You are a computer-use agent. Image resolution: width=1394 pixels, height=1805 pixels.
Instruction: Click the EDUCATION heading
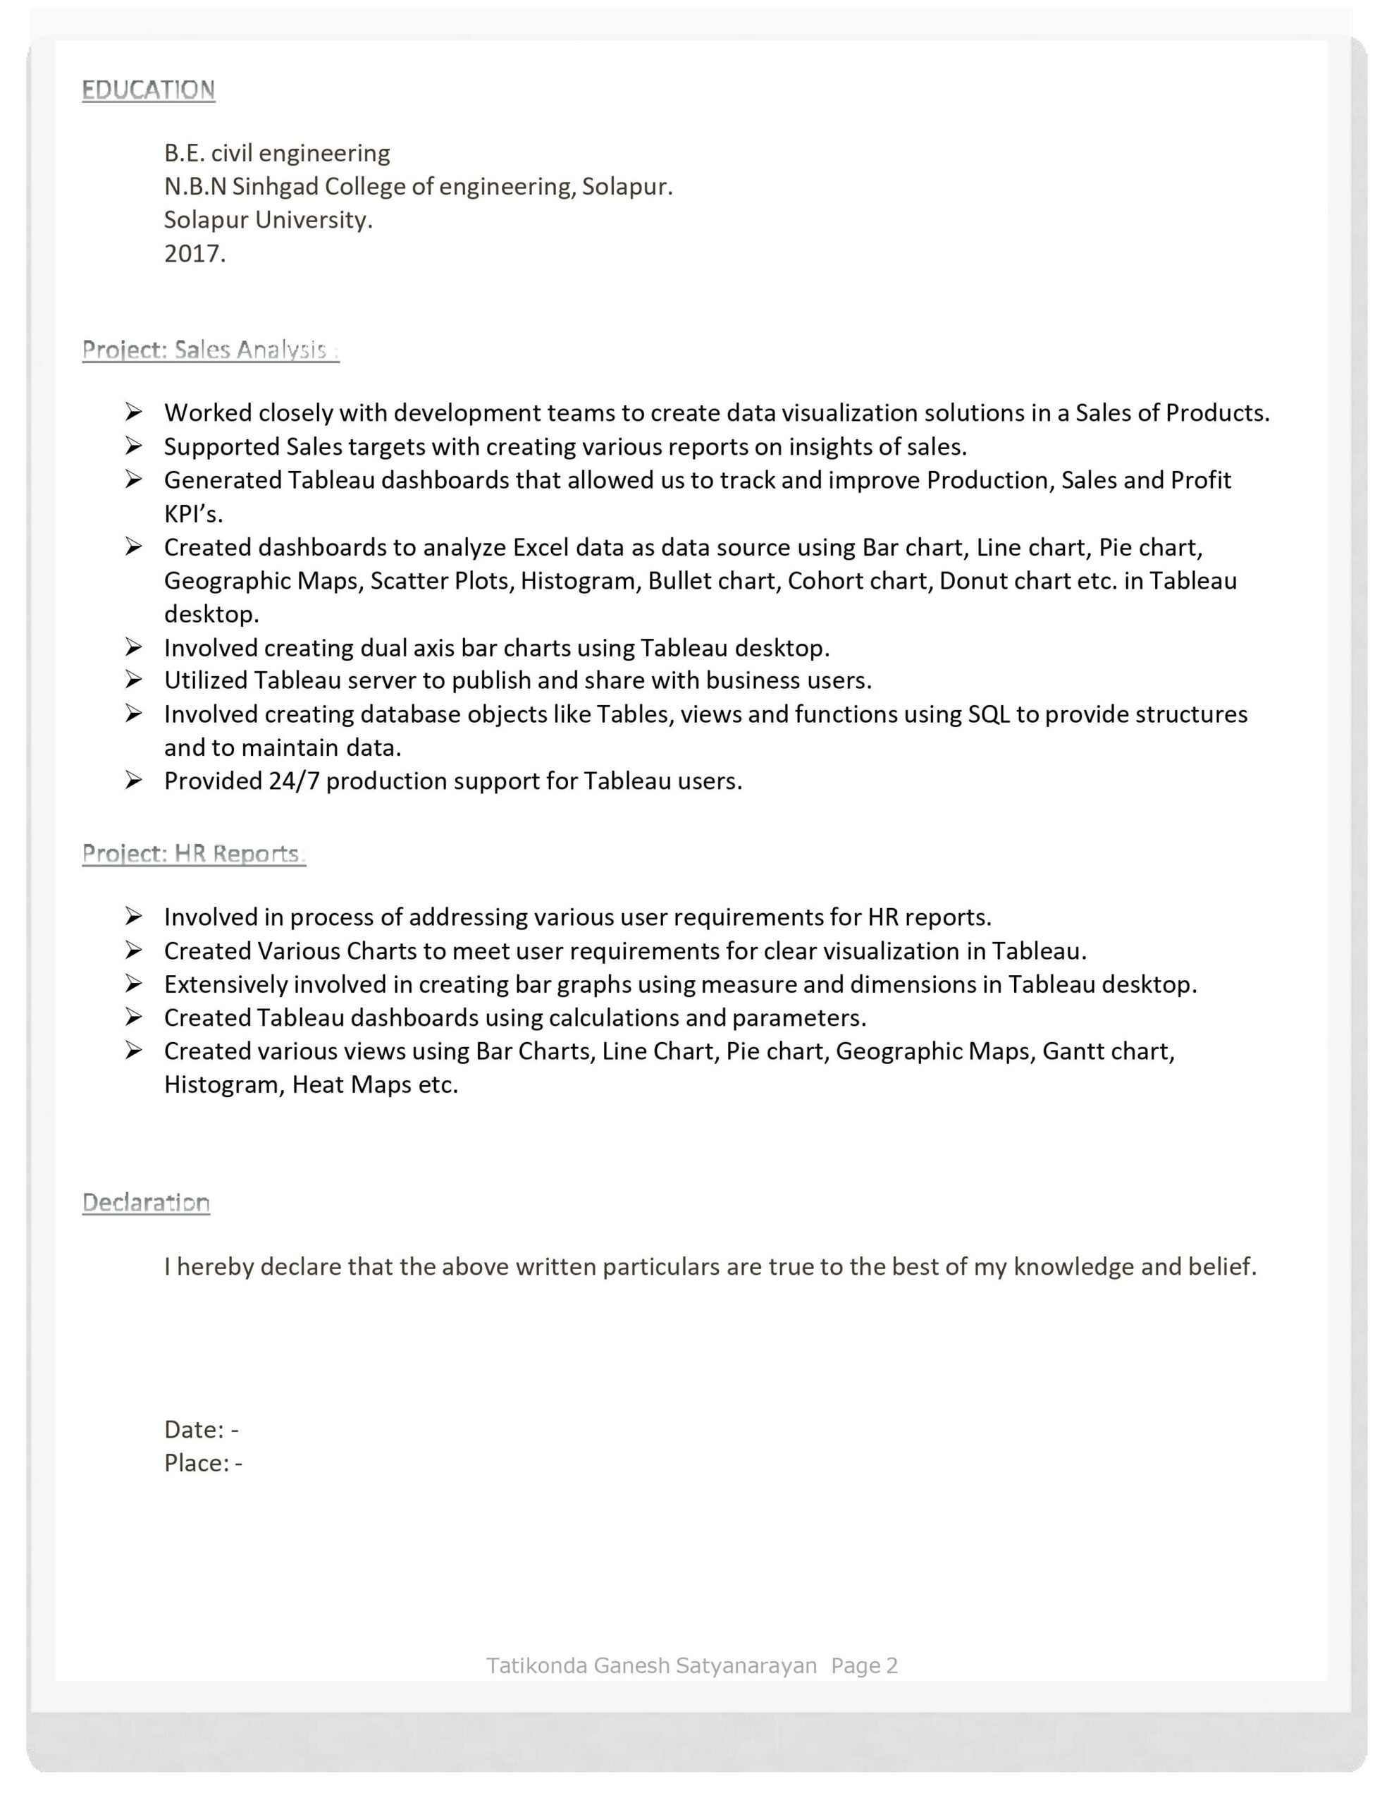[148, 90]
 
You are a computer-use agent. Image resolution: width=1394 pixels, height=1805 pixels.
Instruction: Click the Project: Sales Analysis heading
[210, 350]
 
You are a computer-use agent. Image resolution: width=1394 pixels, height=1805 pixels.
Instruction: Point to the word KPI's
[193, 514]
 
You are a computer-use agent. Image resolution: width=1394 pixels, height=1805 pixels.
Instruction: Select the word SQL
[988, 714]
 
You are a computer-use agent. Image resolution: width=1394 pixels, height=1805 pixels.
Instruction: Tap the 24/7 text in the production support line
[293, 781]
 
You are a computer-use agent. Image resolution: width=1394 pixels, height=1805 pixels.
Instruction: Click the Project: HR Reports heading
[193, 854]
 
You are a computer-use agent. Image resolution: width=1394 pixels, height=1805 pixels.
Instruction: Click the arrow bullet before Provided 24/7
[134, 781]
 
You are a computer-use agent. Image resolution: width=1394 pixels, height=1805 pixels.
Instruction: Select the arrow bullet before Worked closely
[134, 412]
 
